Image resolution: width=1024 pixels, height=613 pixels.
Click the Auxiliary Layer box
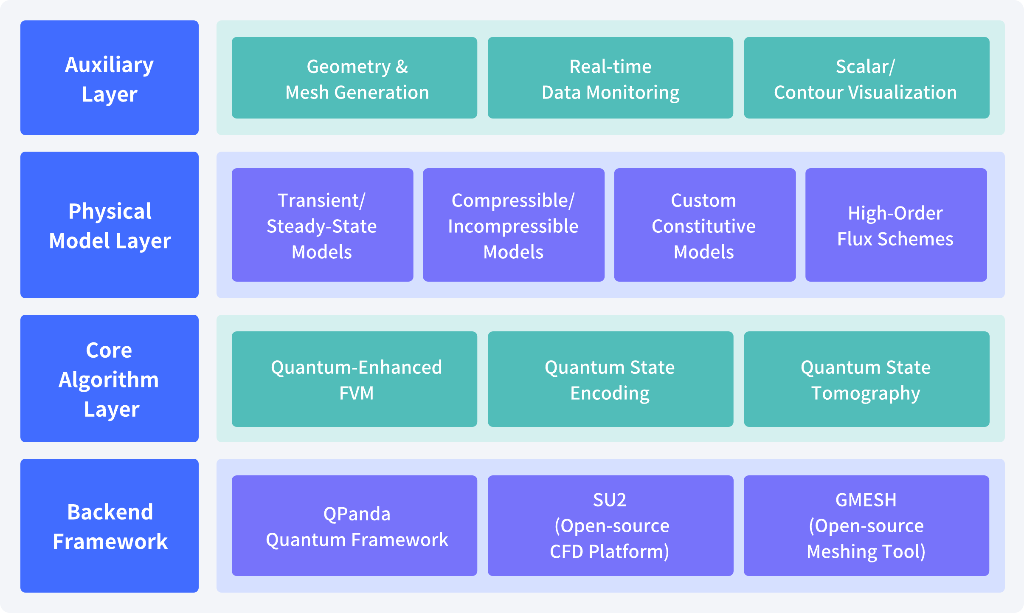pyautogui.click(x=110, y=78)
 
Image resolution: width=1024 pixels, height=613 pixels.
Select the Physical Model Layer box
pyautogui.click(x=110, y=225)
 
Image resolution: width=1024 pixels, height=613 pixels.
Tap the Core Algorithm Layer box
pyautogui.click(x=110, y=379)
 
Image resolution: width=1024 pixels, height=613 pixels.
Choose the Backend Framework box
pyautogui.click(x=110, y=525)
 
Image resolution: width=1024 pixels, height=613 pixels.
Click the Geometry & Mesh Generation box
pyautogui.click(x=354, y=78)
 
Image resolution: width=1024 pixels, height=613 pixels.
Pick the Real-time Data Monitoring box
pyautogui.click(x=610, y=78)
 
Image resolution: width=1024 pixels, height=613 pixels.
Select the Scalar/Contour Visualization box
pyautogui.click(x=866, y=78)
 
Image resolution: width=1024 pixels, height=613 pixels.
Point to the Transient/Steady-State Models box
pyautogui.click(x=322, y=225)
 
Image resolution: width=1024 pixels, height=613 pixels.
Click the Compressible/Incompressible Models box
pyautogui.click(x=514, y=225)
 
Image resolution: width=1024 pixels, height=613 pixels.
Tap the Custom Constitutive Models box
pyautogui.click(x=705, y=225)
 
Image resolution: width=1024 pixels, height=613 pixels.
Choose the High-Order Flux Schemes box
pyautogui.click(x=896, y=225)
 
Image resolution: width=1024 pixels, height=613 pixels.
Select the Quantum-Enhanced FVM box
pyautogui.click(x=354, y=379)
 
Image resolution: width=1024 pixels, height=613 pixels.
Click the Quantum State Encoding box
pyautogui.click(x=610, y=379)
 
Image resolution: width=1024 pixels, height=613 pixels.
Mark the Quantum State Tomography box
pyautogui.click(x=866, y=379)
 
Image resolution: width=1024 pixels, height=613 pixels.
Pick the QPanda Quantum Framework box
pyautogui.click(x=354, y=525)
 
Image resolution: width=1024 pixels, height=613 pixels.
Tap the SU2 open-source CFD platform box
pyautogui.click(x=610, y=525)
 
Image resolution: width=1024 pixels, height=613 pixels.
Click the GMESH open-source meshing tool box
pyautogui.click(x=866, y=525)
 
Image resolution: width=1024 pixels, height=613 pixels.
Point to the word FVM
pyautogui.click(x=357, y=393)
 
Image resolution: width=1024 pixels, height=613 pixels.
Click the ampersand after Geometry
pyautogui.click(x=402, y=67)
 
